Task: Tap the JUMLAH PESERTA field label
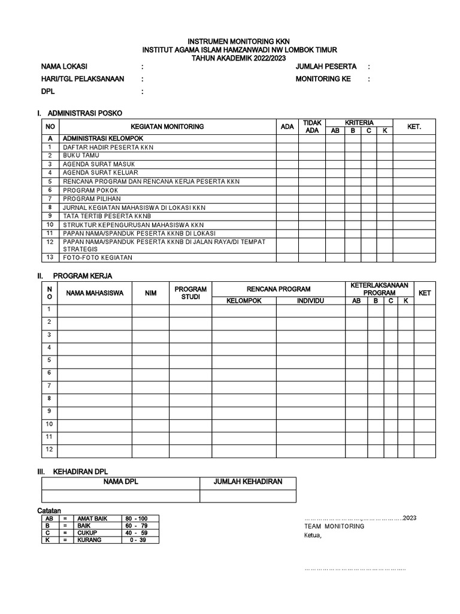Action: [326, 67]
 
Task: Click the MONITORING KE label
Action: [323, 79]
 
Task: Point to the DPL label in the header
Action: [47, 92]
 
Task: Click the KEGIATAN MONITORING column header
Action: [167, 127]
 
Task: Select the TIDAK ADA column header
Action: [312, 127]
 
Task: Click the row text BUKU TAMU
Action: [81, 155]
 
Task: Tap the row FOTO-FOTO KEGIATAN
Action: [98, 258]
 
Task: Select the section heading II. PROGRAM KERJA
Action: [75, 276]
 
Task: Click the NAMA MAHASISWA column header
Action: [95, 293]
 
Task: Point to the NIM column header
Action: [150, 293]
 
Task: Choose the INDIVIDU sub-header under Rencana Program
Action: [310, 301]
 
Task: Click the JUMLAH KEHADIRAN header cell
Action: [247, 482]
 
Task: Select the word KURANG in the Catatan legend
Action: [89, 540]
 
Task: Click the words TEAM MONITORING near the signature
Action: [334, 526]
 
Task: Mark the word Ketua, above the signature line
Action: [313, 535]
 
